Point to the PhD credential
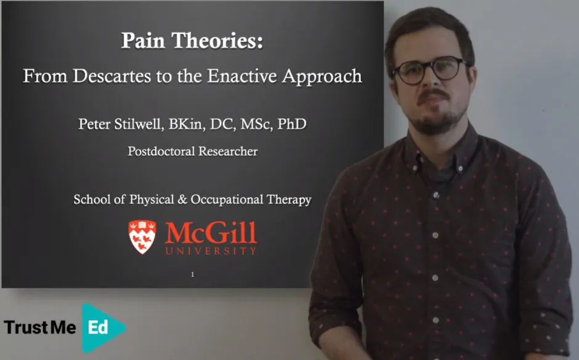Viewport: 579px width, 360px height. pos(291,124)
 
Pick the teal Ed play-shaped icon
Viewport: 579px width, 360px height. pos(102,327)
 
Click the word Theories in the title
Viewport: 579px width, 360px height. pos(219,41)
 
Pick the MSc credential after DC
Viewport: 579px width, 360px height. pos(255,124)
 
